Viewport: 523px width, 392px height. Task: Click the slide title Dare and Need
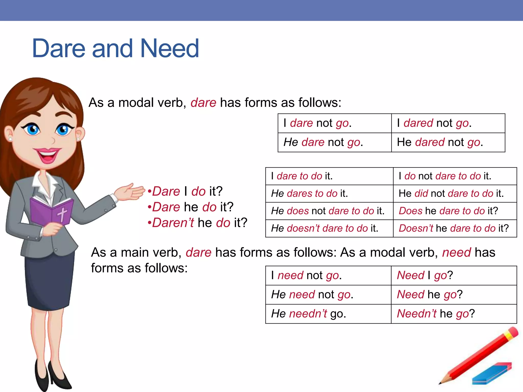point(115,48)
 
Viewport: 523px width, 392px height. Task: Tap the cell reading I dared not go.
point(434,123)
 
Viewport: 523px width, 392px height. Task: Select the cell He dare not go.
point(323,142)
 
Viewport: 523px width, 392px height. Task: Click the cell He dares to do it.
point(310,193)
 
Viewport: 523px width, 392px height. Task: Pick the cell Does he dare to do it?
point(448,211)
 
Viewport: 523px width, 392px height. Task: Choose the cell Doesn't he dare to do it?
point(454,228)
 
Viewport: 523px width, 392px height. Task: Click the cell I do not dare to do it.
point(445,176)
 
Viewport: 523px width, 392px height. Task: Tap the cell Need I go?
point(425,275)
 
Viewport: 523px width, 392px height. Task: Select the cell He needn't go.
point(308,314)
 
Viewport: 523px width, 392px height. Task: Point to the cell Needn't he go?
point(436,314)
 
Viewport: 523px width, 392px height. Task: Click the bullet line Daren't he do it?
point(197,223)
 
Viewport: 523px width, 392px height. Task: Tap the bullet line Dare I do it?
point(185,191)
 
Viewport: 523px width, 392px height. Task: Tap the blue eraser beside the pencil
point(492,374)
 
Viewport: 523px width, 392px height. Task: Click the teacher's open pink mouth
point(47,156)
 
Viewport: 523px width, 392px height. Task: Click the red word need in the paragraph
point(457,252)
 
